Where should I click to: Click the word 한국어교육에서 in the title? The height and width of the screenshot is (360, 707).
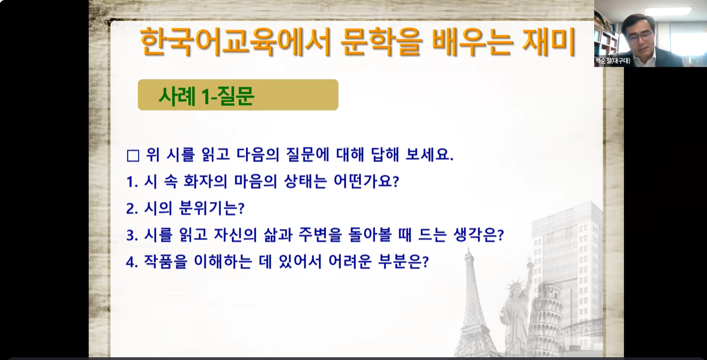click(233, 42)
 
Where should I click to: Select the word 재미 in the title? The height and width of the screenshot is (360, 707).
click(549, 42)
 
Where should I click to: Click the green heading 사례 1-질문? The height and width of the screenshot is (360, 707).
click(206, 95)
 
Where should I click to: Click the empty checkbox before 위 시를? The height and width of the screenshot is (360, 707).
click(133, 156)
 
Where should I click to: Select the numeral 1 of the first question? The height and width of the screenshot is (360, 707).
click(130, 182)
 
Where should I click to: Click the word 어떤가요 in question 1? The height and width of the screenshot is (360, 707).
click(367, 182)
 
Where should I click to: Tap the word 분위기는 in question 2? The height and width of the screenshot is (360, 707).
click(211, 208)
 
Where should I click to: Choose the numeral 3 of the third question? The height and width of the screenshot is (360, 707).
click(130, 236)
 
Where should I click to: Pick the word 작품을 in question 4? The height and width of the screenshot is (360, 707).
click(165, 261)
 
